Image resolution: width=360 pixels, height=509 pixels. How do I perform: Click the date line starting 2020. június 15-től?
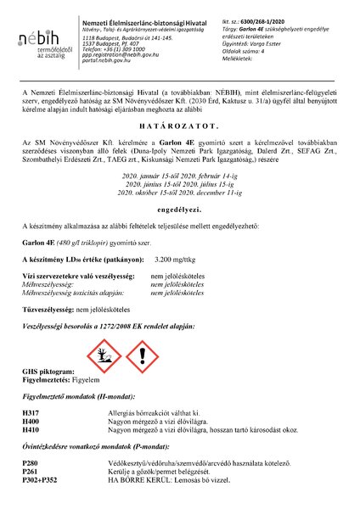coord(179,182)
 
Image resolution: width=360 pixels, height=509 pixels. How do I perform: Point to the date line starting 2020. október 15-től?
coord(179,191)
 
